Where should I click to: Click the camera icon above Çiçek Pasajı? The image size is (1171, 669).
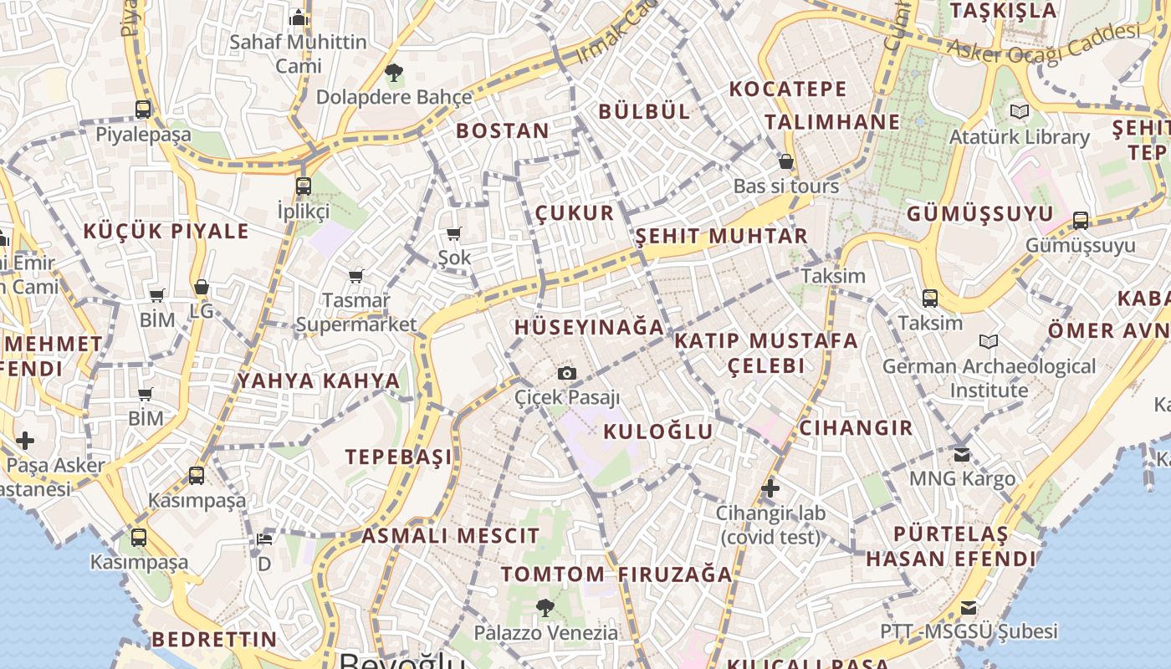(x=567, y=373)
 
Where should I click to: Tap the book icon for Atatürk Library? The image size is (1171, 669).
(x=1019, y=111)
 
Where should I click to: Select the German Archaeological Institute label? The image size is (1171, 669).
(x=989, y=378)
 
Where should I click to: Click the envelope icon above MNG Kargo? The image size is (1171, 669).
(x=962, y=455)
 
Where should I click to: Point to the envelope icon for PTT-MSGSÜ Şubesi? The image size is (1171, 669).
(x=969, y=608)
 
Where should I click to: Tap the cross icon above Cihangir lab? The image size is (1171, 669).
(x=770, y=488)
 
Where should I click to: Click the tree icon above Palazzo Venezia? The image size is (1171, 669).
(x=545, y=608)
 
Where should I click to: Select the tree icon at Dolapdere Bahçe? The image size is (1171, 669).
(x=393, y=73)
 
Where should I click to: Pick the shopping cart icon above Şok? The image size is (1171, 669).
(x=454, y=233)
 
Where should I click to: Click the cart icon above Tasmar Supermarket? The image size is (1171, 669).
(x=356, y=275)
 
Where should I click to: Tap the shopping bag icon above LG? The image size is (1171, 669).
(x=202, y=287)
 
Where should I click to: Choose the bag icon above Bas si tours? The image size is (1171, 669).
(x=785, y=161)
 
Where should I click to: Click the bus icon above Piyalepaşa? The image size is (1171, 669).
(x=143, y=109)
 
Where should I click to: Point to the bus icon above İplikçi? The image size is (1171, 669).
(x=304, y=186)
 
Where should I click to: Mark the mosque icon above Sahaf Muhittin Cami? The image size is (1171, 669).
(x=299, y=18)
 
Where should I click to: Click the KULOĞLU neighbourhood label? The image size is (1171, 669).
(x=658, y=432)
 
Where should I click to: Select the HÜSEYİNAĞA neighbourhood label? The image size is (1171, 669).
(x=589, y=327)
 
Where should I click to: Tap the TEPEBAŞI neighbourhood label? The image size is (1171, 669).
(x=399, y=457)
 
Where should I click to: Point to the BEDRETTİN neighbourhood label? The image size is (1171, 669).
(x=214, y=640)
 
